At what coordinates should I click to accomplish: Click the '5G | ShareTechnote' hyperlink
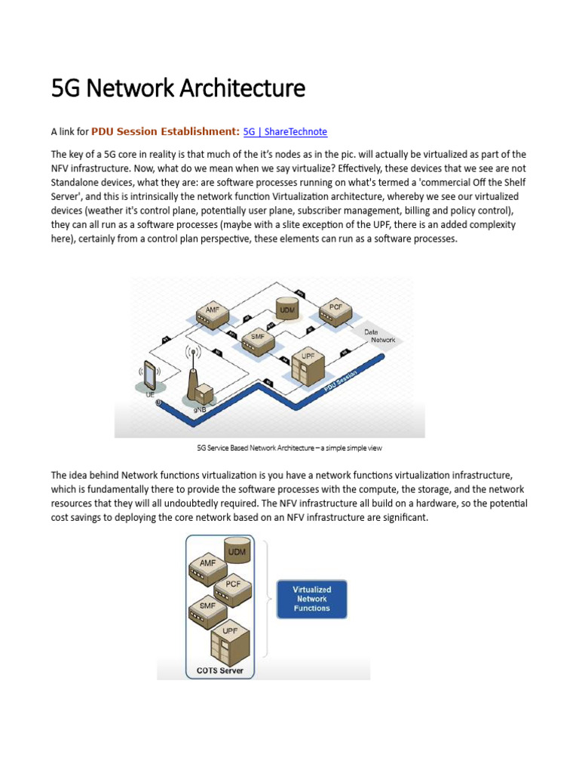pyautogui.click(x=285, y=131)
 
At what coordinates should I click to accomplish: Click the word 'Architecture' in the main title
pyautogui.click(x=243, y=89)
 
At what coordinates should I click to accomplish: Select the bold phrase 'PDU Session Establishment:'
pyautogui.click(x=166, y=131)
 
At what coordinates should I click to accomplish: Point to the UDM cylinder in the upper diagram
pyautogui.click(x=288, y=309)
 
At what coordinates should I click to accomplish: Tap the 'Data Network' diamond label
pyautogui.click(x=381, y=337)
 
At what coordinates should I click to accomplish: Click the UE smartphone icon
pyautogui.click(x=149, y=376)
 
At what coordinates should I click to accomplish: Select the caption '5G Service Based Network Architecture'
pyautogui.click(x=256, y=448)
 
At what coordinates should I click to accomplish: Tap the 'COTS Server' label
pyautogui.click(x=220, y=670)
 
